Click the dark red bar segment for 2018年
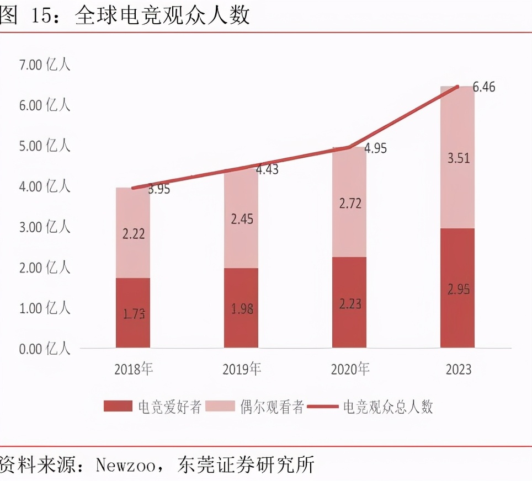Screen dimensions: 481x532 pos(133,313)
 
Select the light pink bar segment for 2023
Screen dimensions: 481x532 pos(457,157)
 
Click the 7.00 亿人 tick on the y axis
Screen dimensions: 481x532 pos(45,65)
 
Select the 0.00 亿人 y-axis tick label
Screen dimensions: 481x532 pos(45,349)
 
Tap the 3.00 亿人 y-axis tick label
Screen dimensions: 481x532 pos(45,227)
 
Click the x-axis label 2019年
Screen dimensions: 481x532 pos(241,369)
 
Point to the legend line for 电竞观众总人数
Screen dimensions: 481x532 pos(322,407)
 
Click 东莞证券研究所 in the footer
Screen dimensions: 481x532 pos(246,464)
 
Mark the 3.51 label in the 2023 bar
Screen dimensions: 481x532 pos(457,159)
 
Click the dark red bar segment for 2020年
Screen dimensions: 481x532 pos(349,302)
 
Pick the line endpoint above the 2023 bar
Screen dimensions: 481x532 pos(457,87)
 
